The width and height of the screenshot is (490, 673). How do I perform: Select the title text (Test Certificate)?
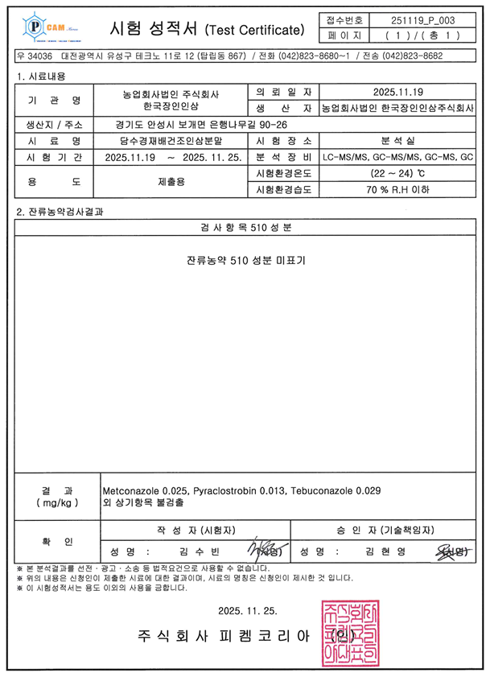click(256, 30)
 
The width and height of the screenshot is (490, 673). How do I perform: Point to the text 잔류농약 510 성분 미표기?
click(246, 261)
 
